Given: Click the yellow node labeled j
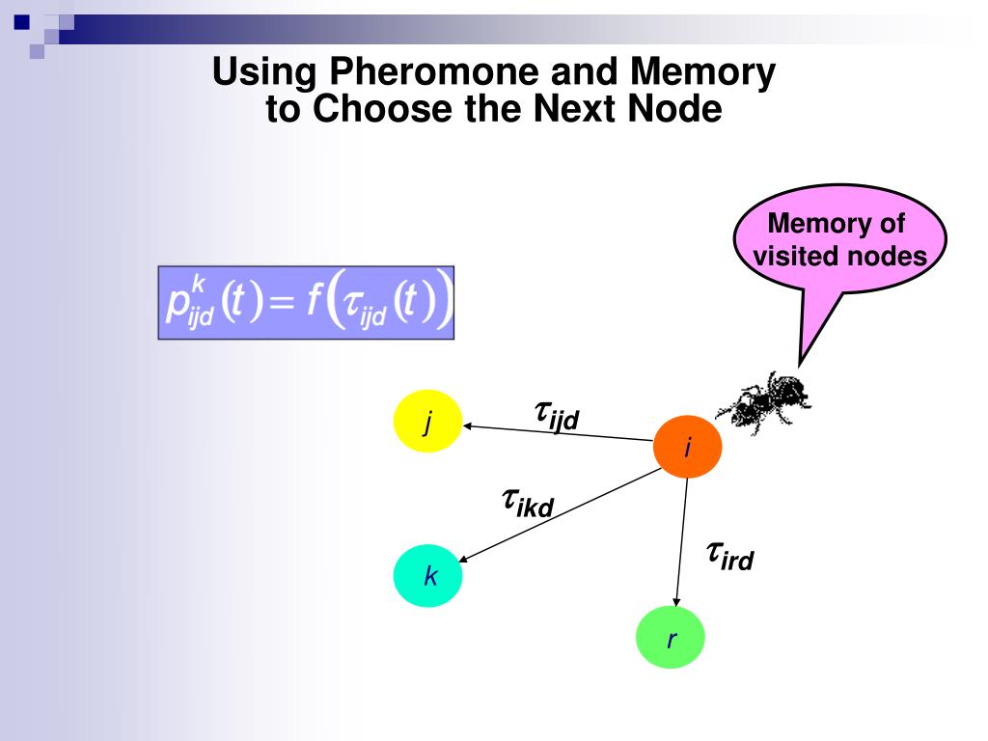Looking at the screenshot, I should pos(427,422).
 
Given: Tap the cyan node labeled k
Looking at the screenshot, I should pos(427,577).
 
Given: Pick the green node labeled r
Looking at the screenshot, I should pos(671,637).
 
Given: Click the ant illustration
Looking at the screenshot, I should pos(770,398).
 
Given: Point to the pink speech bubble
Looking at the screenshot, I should pos(837,241).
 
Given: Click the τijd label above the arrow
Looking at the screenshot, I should pos(556,416).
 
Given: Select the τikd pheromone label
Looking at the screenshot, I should pos(527,502).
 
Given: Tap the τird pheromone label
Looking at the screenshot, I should pos(728,556).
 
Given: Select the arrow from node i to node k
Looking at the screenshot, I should pos(560,514).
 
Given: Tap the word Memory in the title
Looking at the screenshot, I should pos(702,72).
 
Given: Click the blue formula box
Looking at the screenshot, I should pos(306,302).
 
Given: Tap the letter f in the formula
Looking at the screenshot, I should pos(315,301).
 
